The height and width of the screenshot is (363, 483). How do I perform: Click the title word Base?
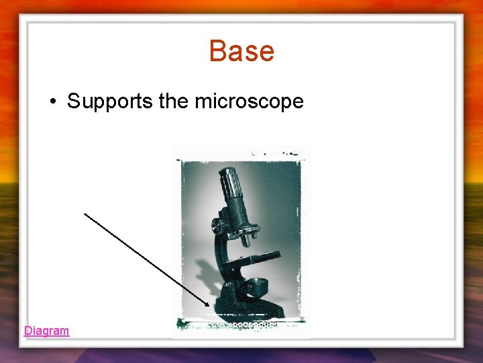(241, 51)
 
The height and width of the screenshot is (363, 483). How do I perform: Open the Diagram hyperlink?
(46, 331)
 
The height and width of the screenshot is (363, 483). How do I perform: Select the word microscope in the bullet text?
(249, 102)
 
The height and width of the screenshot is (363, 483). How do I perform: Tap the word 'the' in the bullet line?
(175, 102)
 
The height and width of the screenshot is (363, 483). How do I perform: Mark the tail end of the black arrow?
(85, 214)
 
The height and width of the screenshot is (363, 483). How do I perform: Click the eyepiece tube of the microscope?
(232, 191)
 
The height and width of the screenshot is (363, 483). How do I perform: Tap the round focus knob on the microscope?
(217, 226)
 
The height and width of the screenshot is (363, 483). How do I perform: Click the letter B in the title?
(218, 51)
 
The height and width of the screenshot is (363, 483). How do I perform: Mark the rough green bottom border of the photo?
(241, 326)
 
